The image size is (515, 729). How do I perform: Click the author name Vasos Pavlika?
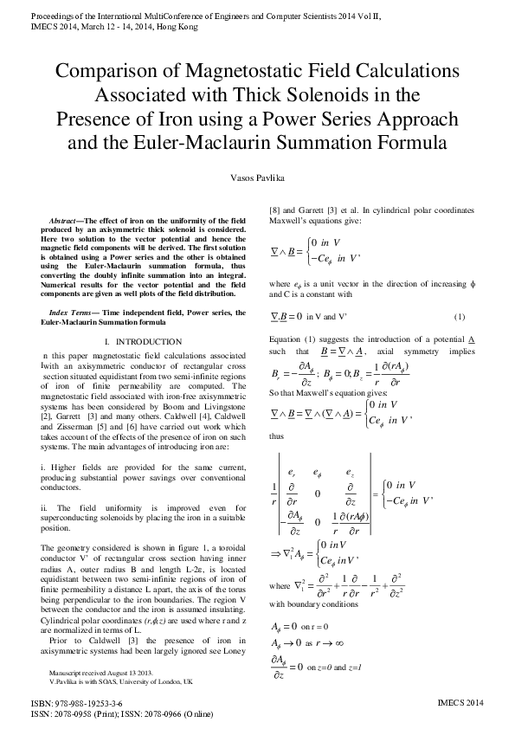coord(257,177)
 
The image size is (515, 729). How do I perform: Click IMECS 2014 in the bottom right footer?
coord(462,706)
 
